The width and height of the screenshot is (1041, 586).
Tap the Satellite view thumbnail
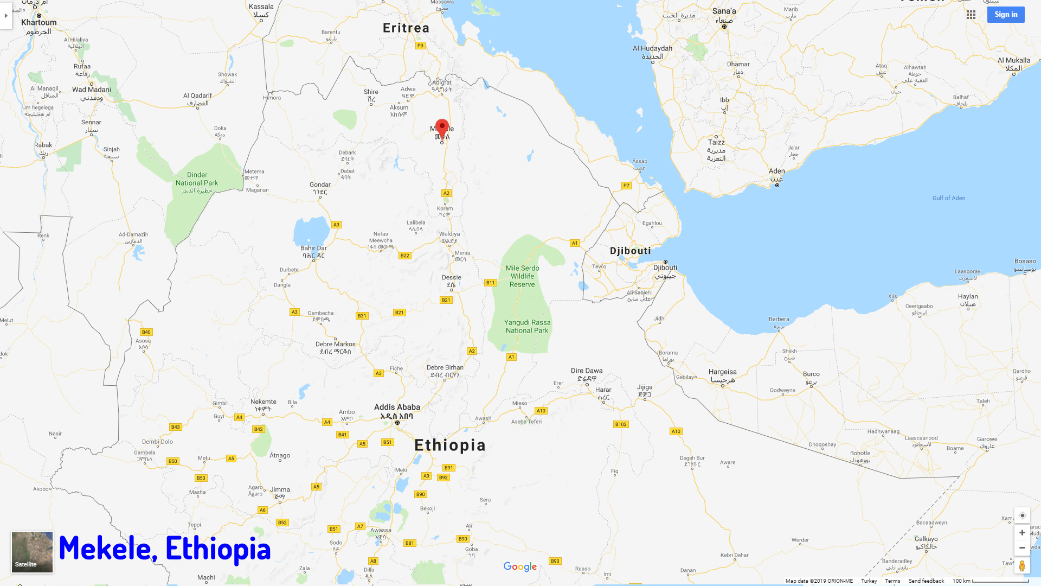tap(33, 552)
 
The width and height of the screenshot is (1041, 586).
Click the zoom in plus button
tap(1022, 533)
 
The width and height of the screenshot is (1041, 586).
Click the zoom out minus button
tap(1022, 547)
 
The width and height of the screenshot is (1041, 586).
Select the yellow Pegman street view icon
tap(1022, 566)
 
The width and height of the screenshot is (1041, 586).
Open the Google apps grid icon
tap(971, 15)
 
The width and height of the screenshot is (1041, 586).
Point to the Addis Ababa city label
tap(397, 407)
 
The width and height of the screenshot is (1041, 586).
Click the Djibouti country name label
tap(630, 251)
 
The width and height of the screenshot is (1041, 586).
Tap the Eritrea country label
tap(406, 28)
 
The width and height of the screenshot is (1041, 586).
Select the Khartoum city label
tap(38, 23)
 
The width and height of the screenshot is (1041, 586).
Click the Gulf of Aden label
tap(949, 198)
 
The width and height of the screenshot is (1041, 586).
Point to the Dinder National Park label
tap(197, 179)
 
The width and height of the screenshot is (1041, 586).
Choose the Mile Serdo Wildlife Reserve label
tap(522, 276)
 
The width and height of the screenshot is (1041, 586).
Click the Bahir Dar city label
tap(313, 249)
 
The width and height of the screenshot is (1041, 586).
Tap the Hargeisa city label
tap(722, 372)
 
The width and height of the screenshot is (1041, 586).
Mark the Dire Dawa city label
tap(587, 371)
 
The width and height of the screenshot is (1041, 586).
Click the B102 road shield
tap(621, 424)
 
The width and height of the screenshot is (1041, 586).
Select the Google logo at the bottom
tap(520, 566)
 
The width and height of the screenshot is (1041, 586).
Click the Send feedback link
tap(926, 581)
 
